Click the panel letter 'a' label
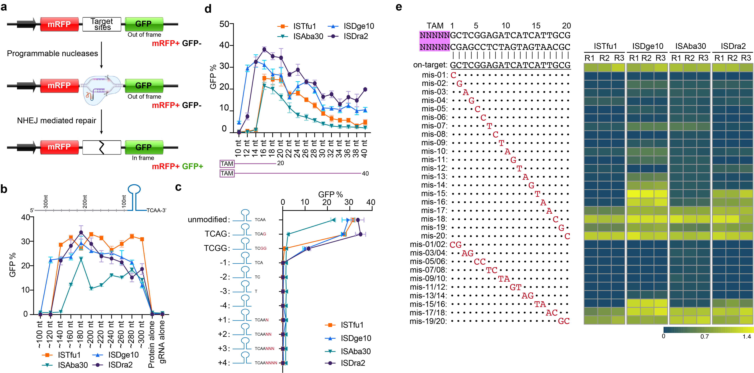pos(4,6)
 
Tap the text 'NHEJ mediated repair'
pos(56,121)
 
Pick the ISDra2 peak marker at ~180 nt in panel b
pos(81,233)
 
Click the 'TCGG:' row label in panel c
pos(217,248)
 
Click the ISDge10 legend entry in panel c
pos(348,338)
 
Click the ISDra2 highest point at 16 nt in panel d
pos(264,49)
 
